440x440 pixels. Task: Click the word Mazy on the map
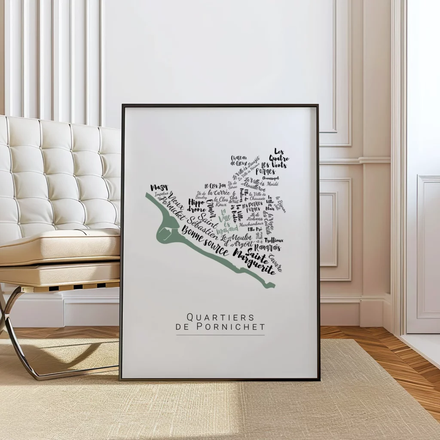click(x=159, y=188)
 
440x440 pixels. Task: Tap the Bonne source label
click(x=205, y=241)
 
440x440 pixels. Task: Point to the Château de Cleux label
click(x=239, y=160)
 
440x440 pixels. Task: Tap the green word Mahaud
click(x=228, y=229)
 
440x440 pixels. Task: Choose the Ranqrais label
click(x=267, y=247)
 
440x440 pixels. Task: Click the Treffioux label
click(x=274, y=240)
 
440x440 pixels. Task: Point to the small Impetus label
click(x=162, y=194)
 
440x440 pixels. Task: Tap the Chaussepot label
click(x=270, y=177)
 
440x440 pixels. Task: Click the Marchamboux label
click(x=251, y=223)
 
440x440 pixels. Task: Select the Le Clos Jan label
click(x=215, y=185)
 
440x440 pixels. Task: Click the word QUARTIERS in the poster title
click(x=220, y=317)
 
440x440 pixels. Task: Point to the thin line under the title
click(x=220, y=335)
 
